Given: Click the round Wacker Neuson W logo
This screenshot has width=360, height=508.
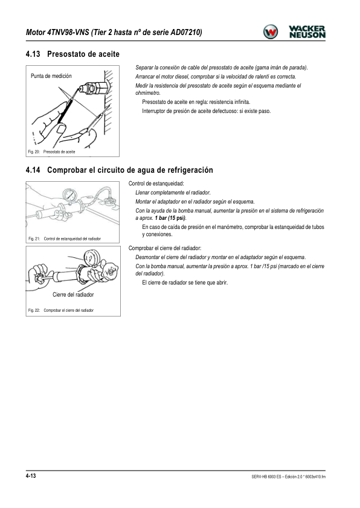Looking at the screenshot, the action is click(270, 32).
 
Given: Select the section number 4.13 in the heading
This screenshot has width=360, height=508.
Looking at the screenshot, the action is click(33, 54).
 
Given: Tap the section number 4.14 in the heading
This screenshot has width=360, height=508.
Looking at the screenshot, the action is click(33, 170).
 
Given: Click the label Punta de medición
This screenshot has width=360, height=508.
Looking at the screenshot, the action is click(51, 76).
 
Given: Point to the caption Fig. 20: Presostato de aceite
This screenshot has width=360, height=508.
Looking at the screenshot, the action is click(51, 152).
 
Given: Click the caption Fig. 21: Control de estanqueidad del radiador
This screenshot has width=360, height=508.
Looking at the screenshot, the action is click(65, 239).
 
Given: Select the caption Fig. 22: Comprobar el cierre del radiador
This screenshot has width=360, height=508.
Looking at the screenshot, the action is click(61, 310).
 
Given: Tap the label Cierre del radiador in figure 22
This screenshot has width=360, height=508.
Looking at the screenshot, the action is click(73, 295).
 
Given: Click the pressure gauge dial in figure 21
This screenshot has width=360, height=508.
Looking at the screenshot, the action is click(70, 195).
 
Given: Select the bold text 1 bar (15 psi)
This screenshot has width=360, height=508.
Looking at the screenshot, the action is click(170, 218).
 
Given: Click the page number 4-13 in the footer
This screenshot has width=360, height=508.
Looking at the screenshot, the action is click(31, 476).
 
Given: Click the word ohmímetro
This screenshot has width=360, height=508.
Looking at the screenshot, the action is click(148, 93).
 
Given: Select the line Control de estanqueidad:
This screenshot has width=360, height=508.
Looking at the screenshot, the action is click(156, 184).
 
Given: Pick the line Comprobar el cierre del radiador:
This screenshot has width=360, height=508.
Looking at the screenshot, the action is click(165, 248).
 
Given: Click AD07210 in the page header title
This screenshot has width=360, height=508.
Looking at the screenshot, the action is click(186, 33).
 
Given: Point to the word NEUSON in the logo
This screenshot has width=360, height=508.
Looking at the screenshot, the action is click(307, 35).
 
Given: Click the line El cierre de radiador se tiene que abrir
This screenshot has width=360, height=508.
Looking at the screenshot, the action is click(185, 283).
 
